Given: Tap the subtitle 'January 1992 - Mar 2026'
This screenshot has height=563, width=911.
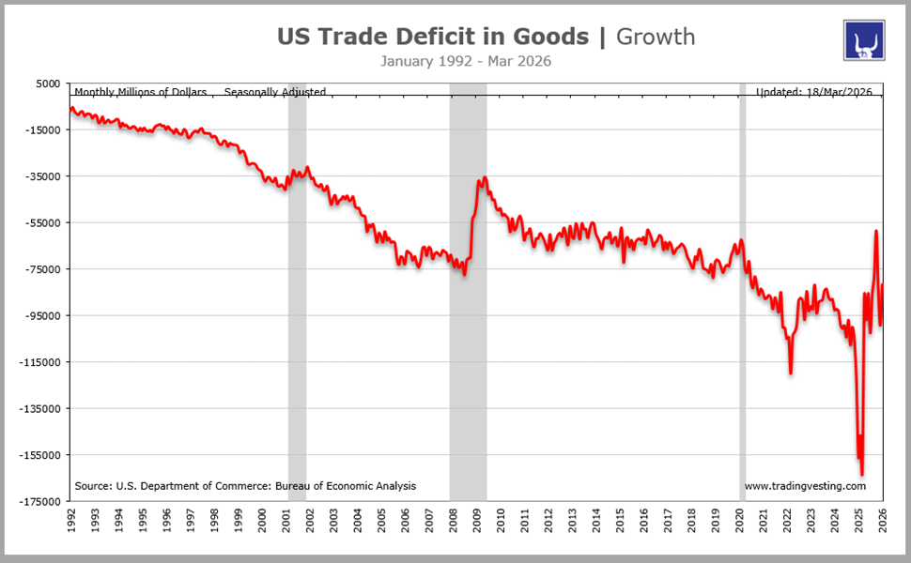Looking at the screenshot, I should [x=466, y=61].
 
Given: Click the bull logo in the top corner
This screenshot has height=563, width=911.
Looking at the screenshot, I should [x=865, y=40].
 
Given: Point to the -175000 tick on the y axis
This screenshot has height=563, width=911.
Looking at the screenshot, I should [x=41, y=501].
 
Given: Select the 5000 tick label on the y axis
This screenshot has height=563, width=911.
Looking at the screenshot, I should [x=48, y=84].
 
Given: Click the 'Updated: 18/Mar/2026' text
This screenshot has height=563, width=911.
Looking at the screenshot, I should [x=814, y=92].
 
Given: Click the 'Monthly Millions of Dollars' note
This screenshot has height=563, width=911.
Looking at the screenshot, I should [x=140, y=92].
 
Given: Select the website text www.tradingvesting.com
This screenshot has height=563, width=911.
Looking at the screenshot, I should [x=805, y=486].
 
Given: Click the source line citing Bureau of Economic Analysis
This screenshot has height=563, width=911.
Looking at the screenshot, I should [x=245, y=486].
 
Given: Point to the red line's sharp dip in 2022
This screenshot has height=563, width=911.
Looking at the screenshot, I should [x=790, y=373].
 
